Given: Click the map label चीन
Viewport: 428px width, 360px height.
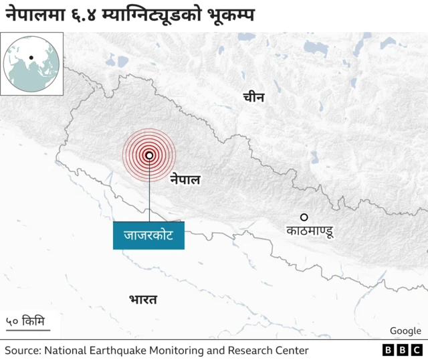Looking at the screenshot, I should coord(253,98).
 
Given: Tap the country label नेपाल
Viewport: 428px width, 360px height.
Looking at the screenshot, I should coord(185,179).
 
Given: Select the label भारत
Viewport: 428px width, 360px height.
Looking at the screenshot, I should coord(143,299).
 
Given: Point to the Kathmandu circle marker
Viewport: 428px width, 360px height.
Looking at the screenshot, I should coord(304,217).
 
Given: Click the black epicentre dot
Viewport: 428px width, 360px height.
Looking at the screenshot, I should coord(148,155).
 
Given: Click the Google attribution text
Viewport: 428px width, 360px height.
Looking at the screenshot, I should coord(405,331).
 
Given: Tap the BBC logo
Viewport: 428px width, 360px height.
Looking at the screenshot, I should coord(402,350).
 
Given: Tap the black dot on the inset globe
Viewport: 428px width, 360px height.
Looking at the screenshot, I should coord(31,57).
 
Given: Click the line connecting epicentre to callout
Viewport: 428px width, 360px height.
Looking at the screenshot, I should coord(148,194).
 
